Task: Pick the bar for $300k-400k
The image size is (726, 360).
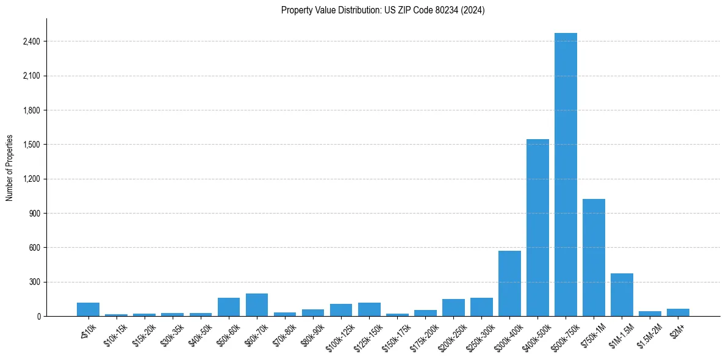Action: coord(509,284)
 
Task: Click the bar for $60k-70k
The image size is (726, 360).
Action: coord(257,305)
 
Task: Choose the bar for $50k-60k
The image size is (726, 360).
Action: coord(229,307)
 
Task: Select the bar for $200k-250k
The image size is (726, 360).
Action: coord(453,308)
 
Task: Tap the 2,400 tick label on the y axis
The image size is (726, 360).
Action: coord(31,41)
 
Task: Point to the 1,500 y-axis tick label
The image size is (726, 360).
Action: coord(31,145)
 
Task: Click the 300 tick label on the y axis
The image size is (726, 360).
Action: coord(34,282)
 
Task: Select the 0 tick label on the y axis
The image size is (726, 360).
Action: coord(38,316)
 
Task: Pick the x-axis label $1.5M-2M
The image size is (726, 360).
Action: coord(649,334)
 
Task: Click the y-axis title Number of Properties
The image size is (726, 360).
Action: coord(10,168)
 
